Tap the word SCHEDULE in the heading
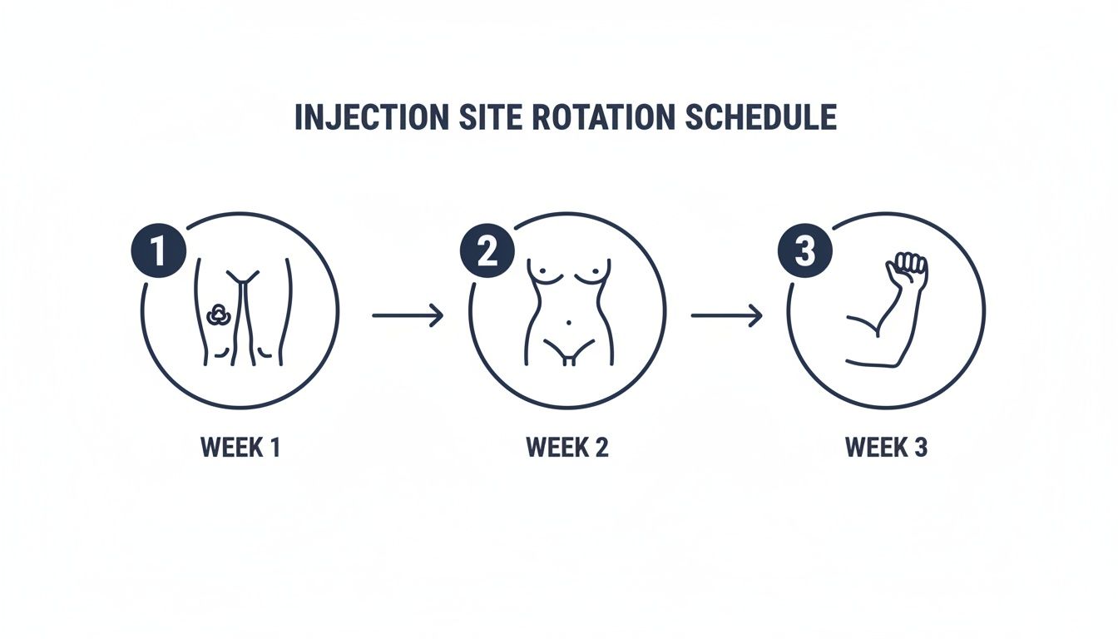(760, 117)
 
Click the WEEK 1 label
(240, 448)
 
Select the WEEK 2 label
(567, 448)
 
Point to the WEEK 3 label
(886, 448)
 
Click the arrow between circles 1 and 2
(408, 315)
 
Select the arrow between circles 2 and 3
(726, 315)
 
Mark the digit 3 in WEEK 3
(919, 448)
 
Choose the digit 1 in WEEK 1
(273, 448)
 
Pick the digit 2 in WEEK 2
(601, 448)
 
